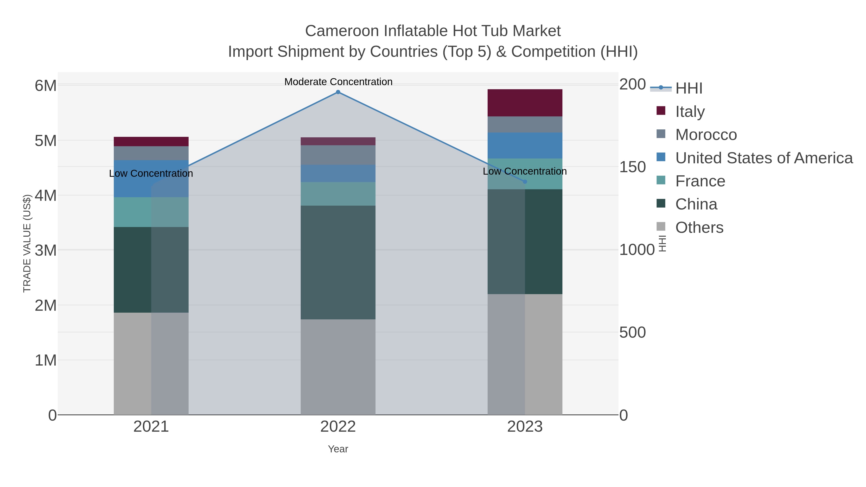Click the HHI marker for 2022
(338, 92)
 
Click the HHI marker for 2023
(525, 182)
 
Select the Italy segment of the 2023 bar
(525, 103)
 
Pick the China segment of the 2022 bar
(338, 262)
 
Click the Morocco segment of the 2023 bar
(525, 124)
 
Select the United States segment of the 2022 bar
(338, 173)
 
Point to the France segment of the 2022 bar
(338, 194)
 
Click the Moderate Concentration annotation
(338, 82)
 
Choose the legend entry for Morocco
(706, 135)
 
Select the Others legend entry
(699, 228)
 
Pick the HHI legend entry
(688, 89)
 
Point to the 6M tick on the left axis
(46, 86)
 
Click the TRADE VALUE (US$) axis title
(27, 243)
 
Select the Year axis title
(338, 449)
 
